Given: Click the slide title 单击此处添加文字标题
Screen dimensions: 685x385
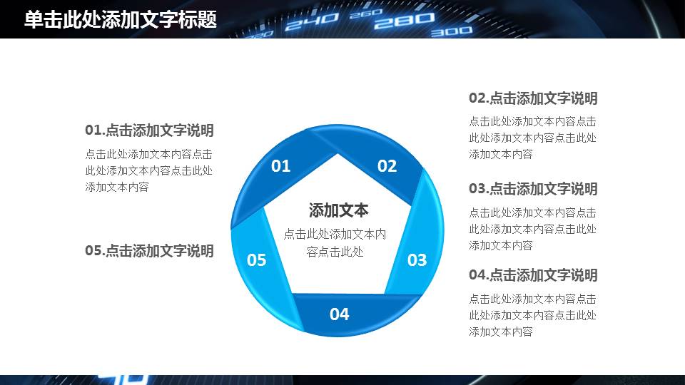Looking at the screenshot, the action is click(120, 20).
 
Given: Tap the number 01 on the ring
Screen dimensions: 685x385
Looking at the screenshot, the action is click(280, 166).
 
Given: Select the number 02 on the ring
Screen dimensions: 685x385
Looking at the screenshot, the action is click(387, 166).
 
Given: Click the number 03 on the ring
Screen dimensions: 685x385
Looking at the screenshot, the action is click(417, 260).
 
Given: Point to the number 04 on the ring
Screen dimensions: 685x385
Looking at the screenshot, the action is click(340, 314).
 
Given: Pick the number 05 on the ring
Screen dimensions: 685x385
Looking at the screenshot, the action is click(256, 260).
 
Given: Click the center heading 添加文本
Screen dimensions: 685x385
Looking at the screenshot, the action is click(338, 210).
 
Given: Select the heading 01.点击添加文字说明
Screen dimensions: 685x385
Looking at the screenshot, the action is click(149, 130).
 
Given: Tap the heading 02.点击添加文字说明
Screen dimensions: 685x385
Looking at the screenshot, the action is click(533, 98).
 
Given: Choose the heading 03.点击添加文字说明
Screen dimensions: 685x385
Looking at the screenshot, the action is click(533, 189).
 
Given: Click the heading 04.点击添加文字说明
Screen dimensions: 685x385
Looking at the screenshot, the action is click(533, 275).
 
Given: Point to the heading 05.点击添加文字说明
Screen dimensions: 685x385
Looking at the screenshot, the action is click(149, 250).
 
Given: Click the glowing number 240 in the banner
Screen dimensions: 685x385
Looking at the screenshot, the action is click(312, 21).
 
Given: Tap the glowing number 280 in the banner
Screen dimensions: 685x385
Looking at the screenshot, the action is click(405, 20).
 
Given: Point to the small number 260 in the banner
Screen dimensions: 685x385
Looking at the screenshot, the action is click(366, 14).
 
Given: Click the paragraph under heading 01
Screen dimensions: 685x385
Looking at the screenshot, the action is click(148, 170).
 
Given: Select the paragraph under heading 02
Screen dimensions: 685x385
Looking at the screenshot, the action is click(532, 138).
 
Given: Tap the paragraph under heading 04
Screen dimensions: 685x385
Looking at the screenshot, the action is click(532, 315).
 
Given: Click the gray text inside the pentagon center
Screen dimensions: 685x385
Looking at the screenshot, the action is click(335, 243).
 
